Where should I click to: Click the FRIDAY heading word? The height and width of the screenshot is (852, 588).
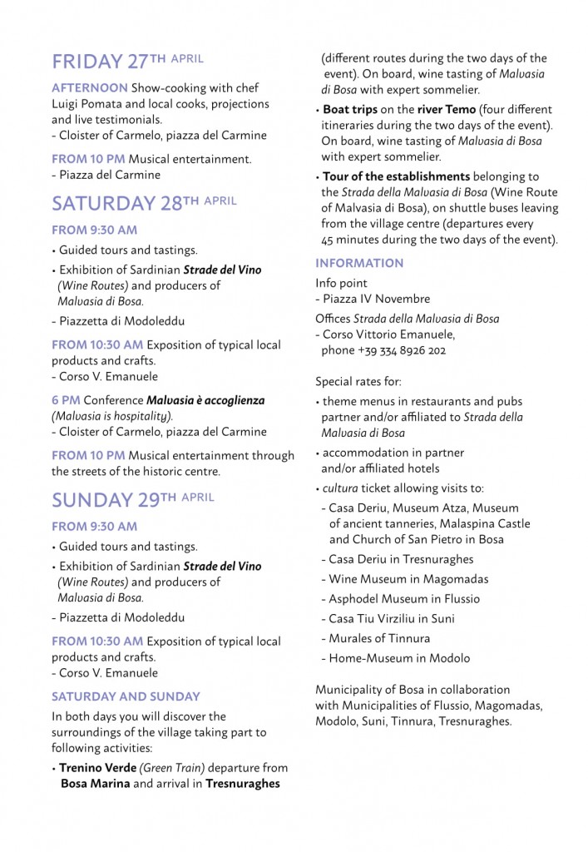click(86, 62)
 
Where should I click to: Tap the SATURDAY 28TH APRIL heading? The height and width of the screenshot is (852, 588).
click(144, 203)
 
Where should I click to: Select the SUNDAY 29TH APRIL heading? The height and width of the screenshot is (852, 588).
click(132, 499)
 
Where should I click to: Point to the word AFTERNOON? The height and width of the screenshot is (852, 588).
click(90, 87)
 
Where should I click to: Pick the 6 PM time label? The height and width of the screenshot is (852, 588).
click(66, 400)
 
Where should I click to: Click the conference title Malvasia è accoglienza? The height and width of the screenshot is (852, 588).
click(205, 400)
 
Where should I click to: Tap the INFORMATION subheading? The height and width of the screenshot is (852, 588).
click(358, 263)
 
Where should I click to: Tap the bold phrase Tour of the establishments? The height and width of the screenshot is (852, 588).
click(396, 176)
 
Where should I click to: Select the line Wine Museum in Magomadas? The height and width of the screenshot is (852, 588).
click(408, 579)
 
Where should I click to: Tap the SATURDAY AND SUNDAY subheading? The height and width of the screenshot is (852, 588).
click(126, 696)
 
